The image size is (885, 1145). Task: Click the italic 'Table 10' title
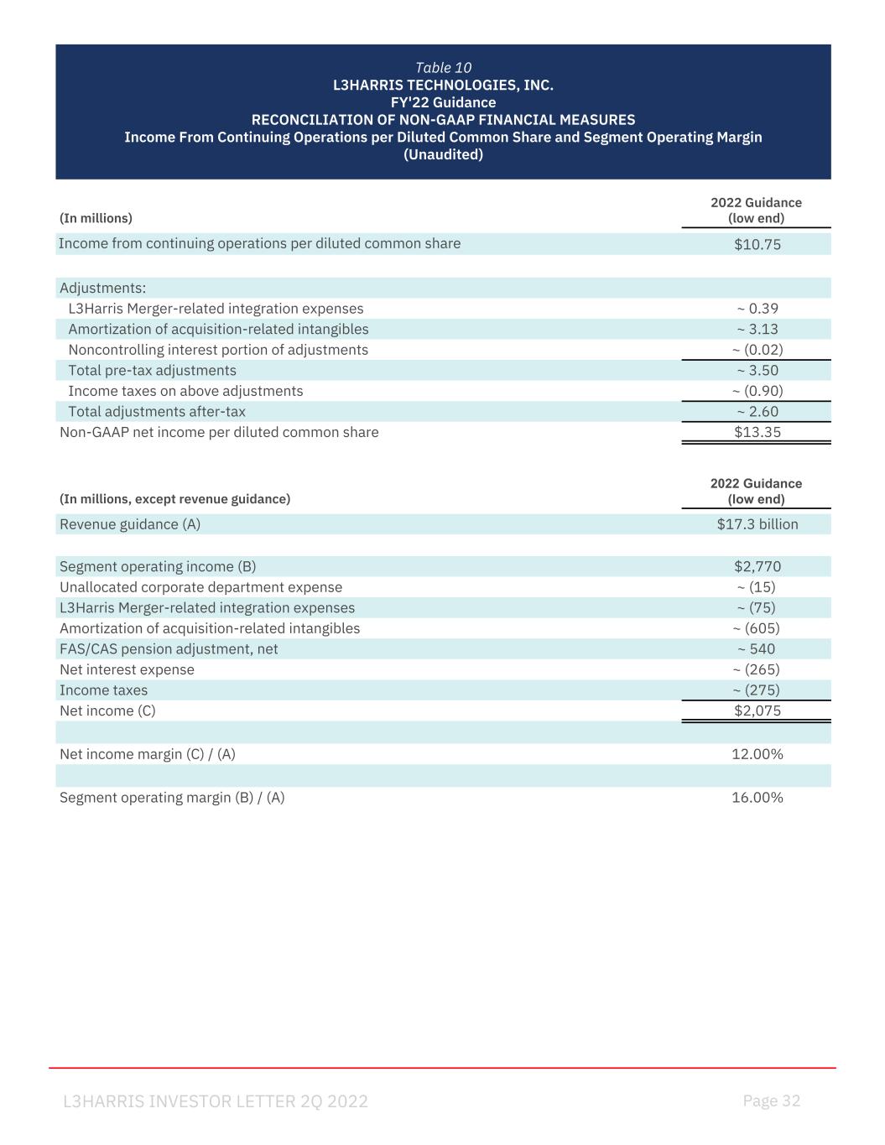(443, 68)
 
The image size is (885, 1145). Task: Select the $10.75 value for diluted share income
(757, 244)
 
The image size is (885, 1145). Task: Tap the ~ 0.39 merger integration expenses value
(757, 309)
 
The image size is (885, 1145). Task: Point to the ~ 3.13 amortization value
(757, 329)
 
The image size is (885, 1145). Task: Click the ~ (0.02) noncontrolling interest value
(757, 350)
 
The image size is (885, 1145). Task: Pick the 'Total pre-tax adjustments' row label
(152, 371)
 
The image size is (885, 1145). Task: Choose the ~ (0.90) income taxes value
(757, 391)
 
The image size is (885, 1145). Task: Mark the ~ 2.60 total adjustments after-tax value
(757, 412)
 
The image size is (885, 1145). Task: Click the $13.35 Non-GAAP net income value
(757, 432)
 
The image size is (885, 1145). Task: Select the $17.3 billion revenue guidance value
(757, 524)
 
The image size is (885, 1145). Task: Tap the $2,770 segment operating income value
(757, 566)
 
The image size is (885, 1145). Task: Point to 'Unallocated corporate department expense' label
(200, 587)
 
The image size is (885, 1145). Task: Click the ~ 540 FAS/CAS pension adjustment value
(756, 649)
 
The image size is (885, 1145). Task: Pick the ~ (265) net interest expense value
(756, 669)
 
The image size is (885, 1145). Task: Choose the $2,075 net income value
(757, 710)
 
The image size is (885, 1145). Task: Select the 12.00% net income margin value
(757, 754)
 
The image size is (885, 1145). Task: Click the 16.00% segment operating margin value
(757, 798)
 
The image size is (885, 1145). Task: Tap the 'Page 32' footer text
(771, 1101)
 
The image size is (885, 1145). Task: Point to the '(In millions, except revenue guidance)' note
(174, 499)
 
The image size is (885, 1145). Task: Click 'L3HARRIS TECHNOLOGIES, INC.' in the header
(443, 86)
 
